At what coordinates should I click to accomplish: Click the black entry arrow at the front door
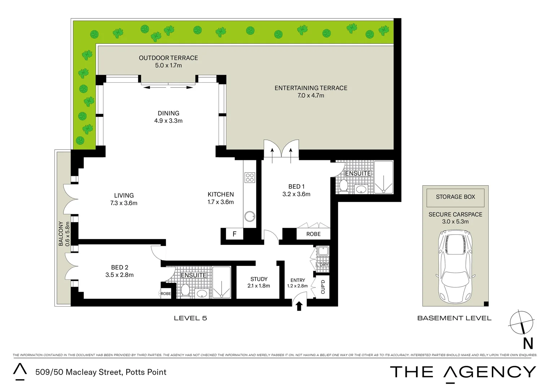pyautogui.click(x=299, y=306)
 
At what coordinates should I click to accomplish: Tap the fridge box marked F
pyautogui.click(x=234, y=234)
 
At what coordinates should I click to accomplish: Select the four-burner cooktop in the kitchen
pyautogui.click(x=250, y=177)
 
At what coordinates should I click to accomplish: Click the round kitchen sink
pyautogui.click(x=249, y=216)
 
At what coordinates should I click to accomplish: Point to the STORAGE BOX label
pyautogui.click(x=455, y=197)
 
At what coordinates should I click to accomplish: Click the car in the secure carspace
pyautogui.click(x=455, y=267)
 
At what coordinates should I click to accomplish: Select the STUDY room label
pyautogui.click(x=259, y=279)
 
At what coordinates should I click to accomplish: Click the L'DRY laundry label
pyautogui.click(x=322, y=265)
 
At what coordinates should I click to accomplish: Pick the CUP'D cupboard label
pyautogui.click(x=323, y=287)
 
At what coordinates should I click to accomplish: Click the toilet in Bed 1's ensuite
pyautogui.click(x=343, y=186)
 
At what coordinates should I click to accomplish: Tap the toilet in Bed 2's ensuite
pyautogui.click(x=185, y=290)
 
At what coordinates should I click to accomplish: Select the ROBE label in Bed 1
pyautogui.click(x=313, y=234)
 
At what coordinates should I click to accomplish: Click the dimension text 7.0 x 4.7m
pyautogui.click(x=311, y=96)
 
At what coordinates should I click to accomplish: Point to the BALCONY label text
pyautogui.click(x=61, y=234)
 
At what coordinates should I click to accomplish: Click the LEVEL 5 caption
pyautogui.click(x=190, y=318)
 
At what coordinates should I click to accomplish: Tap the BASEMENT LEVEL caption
pyautogui.click(x=454, y=318)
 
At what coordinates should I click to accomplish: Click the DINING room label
pyautogui.click(x=168, y=113)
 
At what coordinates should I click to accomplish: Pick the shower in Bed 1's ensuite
pyautogui.click(x=383, y=177)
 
